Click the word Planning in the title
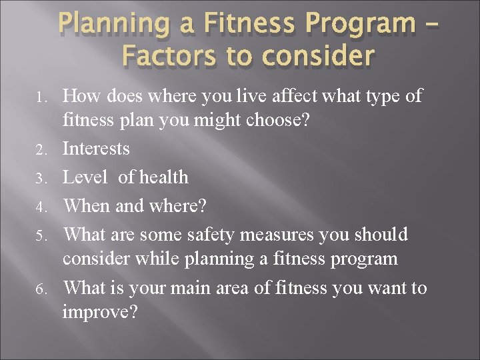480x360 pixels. [111, 23]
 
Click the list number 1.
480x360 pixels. [41, 98]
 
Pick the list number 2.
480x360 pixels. [41, 149]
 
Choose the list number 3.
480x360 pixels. [41, 179]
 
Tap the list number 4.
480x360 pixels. [41, 207]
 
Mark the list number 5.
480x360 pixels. [41, 236]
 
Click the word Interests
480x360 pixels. [96, 148]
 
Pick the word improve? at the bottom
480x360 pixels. [99, 313]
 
